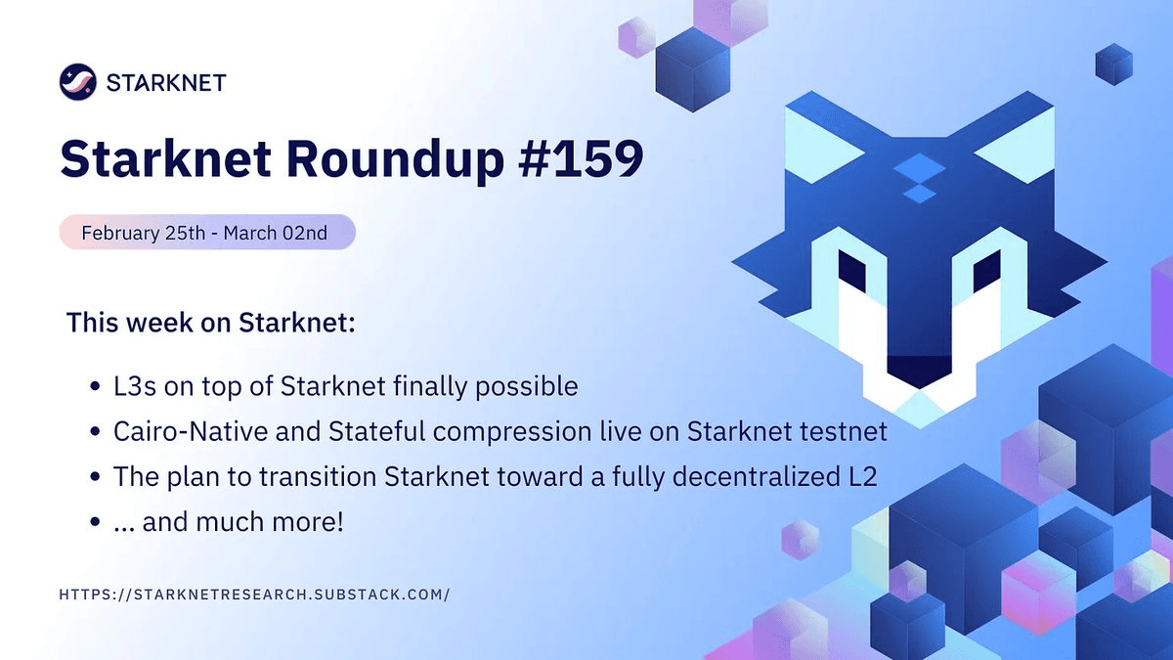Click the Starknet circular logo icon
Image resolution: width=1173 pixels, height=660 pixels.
coord(78,81)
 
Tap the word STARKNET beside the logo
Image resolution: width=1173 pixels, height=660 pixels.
coord(167,82)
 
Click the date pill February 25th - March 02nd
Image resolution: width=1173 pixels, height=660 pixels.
coord(206,233)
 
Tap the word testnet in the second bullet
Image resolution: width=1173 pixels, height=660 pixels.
coord(846,431)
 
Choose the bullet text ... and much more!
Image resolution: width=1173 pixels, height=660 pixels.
coord(229,521)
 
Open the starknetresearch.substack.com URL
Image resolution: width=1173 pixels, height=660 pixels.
coord(254,594)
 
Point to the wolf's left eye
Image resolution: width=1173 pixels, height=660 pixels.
coord(852,271)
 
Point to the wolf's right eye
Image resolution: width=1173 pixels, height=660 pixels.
coord(985,271)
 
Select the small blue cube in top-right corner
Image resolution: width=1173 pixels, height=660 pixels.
coord(1113,65)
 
